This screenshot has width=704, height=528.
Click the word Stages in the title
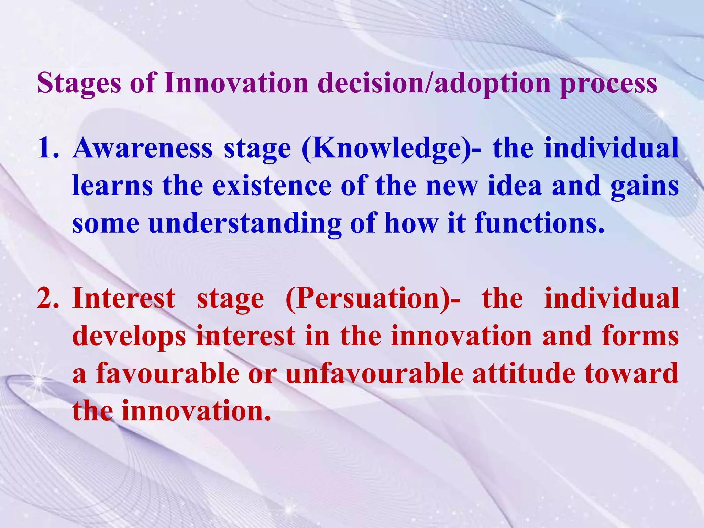(x=79, y=84)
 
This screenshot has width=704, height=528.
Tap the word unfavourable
(x=374, y=374)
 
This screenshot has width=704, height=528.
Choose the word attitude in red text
(x=524, y=374)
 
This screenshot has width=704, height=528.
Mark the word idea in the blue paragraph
(x=515, y=186)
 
